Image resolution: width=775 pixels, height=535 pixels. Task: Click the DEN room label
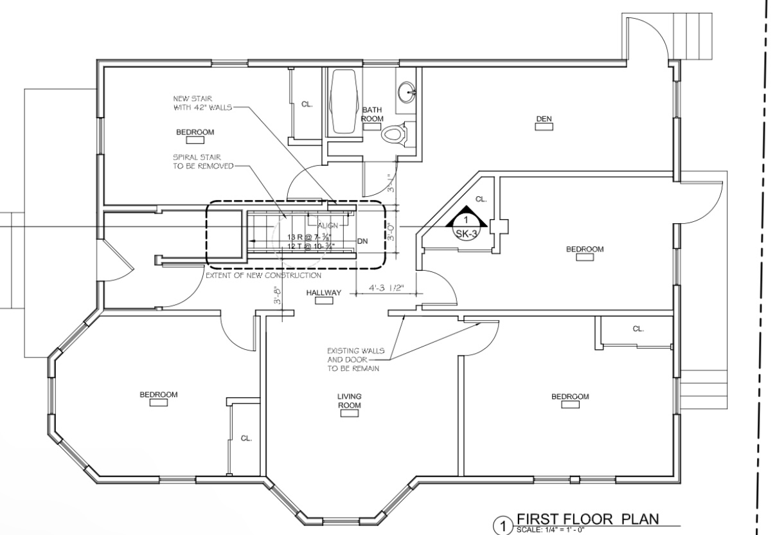coord(544,118)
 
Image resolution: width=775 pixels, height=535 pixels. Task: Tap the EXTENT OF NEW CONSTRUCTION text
coord(263,275)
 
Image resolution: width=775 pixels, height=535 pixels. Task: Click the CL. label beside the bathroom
coord(307,104)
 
